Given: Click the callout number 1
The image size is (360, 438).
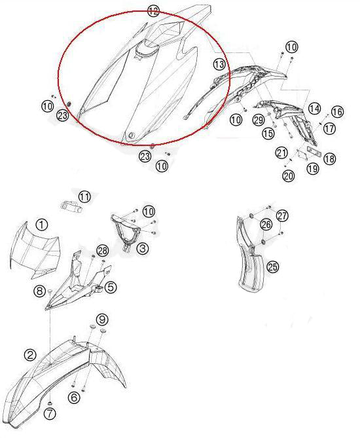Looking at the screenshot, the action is [x=42, y=225].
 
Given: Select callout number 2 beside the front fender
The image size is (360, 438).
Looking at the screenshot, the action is [x=30, y=355].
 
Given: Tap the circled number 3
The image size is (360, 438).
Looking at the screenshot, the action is [x=143, y=247].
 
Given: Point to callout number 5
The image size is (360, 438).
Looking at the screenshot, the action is [x=111, y=287].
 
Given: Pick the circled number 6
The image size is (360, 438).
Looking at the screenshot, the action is [x=74, y=397].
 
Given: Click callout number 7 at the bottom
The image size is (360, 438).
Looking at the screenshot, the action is [x=50, y=413].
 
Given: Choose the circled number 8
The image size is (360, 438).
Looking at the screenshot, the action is [x=39, y=291].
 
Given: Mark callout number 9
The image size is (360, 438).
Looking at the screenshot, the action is [x=102, y=319].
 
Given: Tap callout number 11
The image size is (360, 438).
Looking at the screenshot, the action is [x=84, y=196].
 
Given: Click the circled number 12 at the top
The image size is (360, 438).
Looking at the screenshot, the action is [x=153, y=11].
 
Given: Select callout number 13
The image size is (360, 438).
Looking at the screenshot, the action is [x=219, y=65].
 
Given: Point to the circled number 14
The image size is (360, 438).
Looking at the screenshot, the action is [x=314, y=109].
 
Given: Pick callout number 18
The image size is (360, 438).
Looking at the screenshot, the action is [x=329, y=158].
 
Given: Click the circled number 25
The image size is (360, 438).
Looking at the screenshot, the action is [x=273, y=267].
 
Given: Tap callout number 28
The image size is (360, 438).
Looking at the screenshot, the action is [x=102, y=251].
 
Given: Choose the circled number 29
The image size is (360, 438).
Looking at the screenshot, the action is [x=259, y=120].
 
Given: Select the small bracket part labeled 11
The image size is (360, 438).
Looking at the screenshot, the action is [x=71, y=206].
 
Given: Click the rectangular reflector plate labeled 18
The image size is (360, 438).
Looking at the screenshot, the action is [x=314, y=151].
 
